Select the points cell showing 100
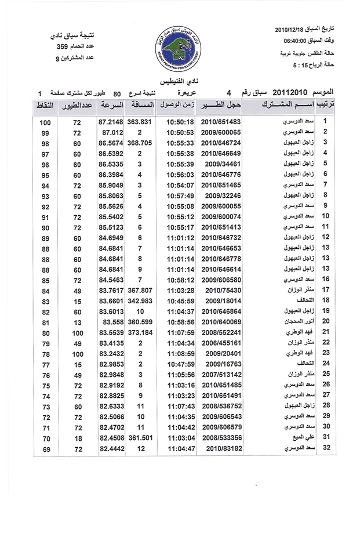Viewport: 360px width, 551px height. pyautogui.click(x=46, y=123)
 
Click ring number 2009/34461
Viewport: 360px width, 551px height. pyautogui.click(x=223, y=164)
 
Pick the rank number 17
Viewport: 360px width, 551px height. pyautogui.click(x=326, y=289)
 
